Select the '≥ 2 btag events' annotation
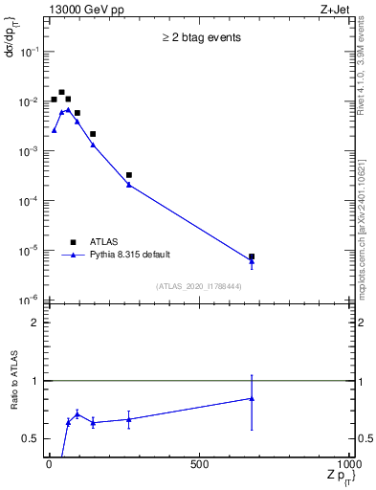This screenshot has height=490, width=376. (200, 38)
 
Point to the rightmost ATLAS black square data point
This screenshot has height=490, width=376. (252, 256)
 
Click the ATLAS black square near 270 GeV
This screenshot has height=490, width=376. (129, 175)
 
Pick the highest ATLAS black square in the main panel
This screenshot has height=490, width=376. (61, 93)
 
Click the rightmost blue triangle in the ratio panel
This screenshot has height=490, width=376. (252, 398)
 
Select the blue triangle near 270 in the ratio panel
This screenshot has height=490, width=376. (129, 419)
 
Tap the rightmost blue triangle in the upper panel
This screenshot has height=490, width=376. (252, 261)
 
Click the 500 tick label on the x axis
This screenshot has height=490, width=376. (199, 465)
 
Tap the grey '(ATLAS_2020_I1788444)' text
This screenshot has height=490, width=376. (200, 286)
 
